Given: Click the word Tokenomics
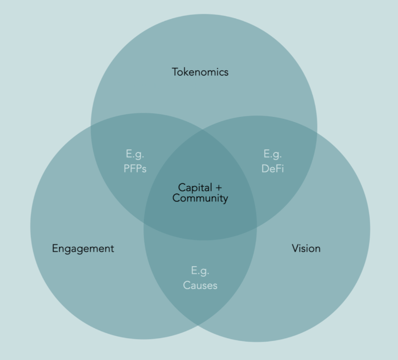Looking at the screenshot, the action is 200,72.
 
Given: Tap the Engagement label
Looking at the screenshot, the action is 83,249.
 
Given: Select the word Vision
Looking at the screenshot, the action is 306,249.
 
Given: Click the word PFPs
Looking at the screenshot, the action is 135,169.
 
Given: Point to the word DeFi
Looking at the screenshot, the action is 273,169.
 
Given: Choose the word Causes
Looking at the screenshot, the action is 200,285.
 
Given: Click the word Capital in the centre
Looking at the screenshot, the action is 195,188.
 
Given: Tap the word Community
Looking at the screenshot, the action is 200,198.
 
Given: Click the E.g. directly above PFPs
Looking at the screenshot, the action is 135,154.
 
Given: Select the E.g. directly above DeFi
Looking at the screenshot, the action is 273,154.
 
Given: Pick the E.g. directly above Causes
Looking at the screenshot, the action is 200,271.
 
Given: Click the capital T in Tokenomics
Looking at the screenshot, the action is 175,72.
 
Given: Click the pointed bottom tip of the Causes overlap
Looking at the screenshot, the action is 198,325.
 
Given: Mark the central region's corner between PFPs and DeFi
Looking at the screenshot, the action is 202,130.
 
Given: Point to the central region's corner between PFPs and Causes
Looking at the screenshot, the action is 144,222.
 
